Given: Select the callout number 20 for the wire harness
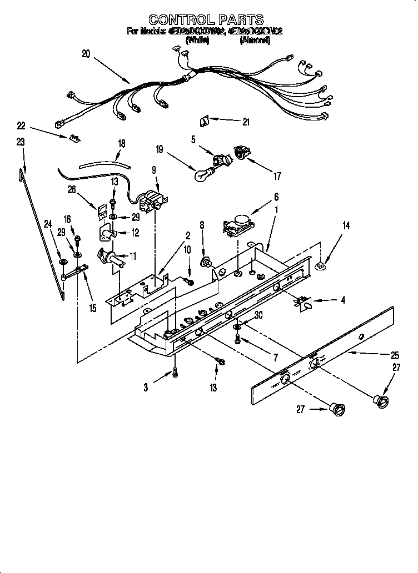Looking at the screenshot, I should tap(85, 54).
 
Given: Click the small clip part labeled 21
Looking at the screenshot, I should tap(204, 119).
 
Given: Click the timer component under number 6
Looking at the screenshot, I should tap(238, 225).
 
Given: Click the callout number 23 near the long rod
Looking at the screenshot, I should tap(21, 143).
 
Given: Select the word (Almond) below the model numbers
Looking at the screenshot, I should tap(255, 40).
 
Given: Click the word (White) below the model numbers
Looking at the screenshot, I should tap(197, 40).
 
